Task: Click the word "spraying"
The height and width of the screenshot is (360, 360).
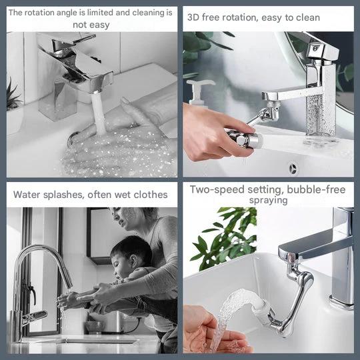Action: [268, 200]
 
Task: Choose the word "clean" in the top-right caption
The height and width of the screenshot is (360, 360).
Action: [305, 17]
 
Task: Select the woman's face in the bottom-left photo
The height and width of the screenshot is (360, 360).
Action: [123, 220]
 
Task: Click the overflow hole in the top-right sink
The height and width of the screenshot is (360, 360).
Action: [294, 167]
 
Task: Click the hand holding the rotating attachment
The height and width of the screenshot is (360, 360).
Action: [207, 130]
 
